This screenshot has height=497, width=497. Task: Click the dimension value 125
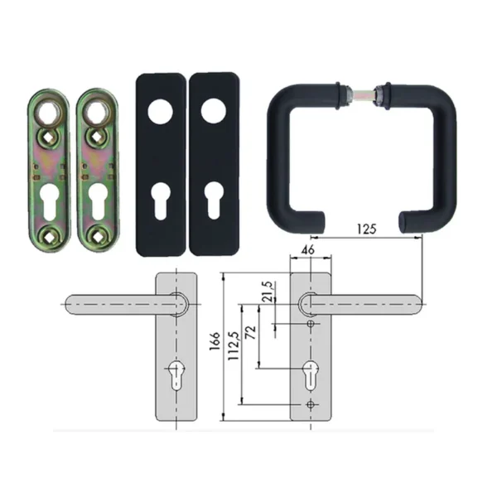tap(367, 229)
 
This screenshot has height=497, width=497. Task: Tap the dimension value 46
tap(308, 250)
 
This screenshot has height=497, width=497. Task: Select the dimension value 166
tap(215, 341)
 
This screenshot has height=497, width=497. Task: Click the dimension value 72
tap(251, 332)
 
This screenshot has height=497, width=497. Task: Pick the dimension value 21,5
tap(268, 291)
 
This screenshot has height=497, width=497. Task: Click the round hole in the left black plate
tap(161, 112)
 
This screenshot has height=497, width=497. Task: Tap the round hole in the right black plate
tap(214, 111)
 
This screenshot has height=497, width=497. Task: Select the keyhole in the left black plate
tap(160, 200)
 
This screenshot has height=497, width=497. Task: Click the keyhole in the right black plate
tap(213, 200)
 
